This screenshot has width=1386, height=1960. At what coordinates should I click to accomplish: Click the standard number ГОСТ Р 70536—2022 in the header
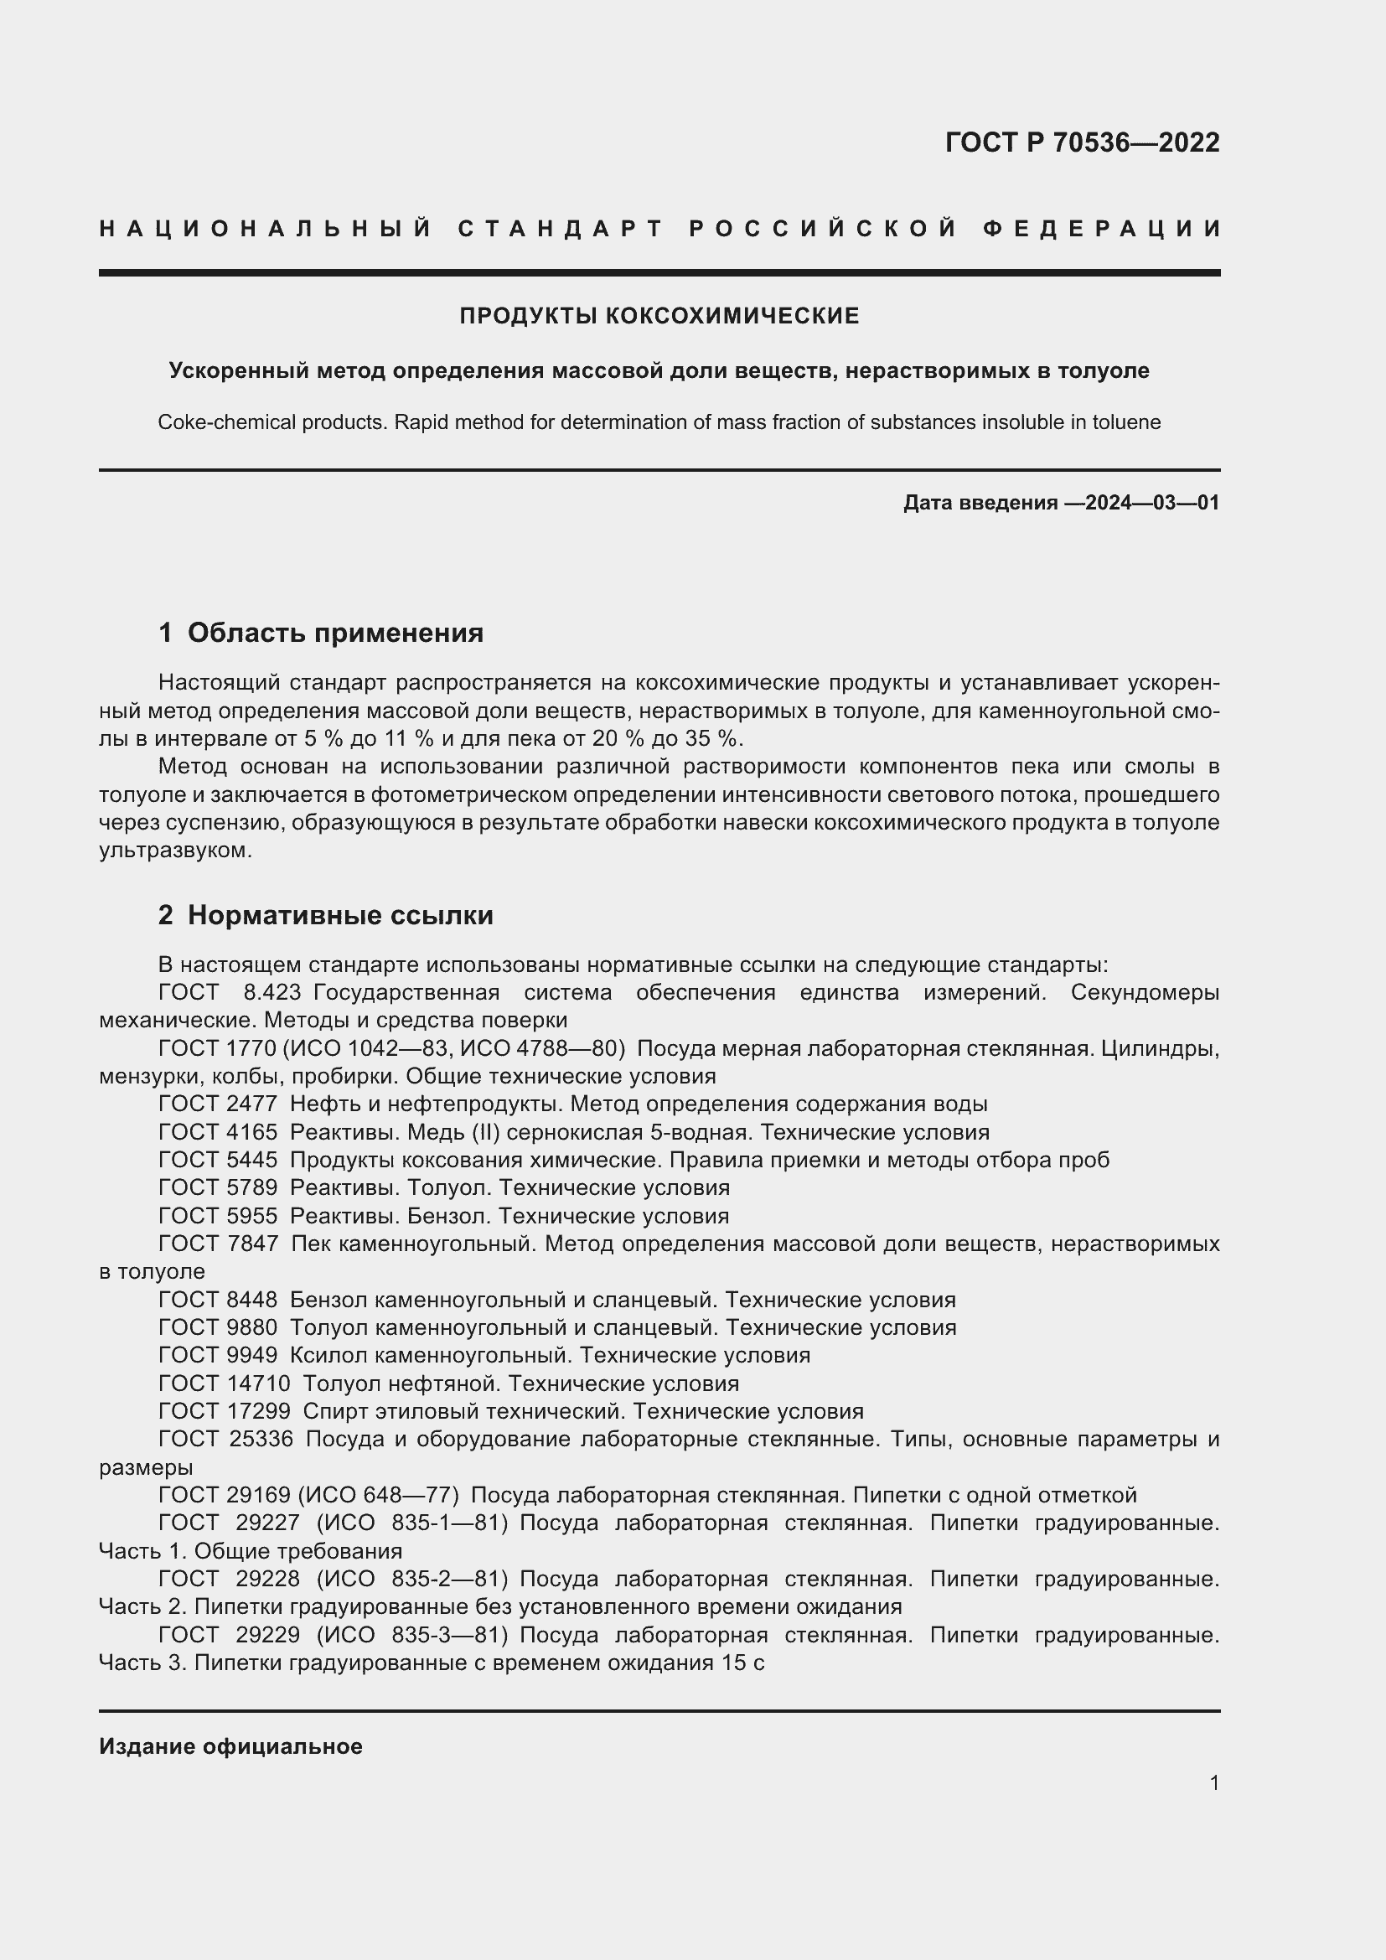point(1081,142)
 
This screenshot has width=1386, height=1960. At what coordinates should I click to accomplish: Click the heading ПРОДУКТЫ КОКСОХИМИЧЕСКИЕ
point(659,316)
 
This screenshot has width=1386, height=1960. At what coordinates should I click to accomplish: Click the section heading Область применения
point(334,633)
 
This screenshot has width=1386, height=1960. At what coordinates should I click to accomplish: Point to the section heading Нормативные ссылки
point(339,915)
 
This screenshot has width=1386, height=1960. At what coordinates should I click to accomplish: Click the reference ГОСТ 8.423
point(230,993)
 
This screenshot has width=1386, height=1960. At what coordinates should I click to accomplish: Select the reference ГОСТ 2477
point(218,1104)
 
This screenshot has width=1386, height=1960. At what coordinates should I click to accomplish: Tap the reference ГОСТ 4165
point(218,1132)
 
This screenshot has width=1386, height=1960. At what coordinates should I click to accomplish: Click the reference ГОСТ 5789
point(218,1187)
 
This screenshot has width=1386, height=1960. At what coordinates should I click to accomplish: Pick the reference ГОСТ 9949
point(218,1355)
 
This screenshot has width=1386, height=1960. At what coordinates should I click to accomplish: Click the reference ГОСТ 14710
point(225,1383)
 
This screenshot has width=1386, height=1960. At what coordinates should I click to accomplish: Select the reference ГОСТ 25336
point(225,1440)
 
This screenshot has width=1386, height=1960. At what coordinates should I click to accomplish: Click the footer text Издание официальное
point(230,1745)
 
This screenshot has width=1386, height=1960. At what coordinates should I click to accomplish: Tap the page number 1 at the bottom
point(1213,1782)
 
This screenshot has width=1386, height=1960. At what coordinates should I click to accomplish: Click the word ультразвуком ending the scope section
point(175,851)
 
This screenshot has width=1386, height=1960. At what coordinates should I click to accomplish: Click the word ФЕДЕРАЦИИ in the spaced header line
point(1102,229)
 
